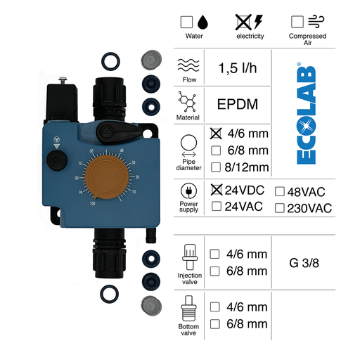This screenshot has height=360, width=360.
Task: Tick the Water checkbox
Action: pyautogui.click(x=187, y=22)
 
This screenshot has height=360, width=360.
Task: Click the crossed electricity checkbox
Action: pyautogui.click(x=241, y=22)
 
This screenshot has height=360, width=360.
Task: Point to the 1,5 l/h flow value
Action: pyautogui.click(x=237, y=68)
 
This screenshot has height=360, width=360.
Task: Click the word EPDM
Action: pyautogui.click(x=237, y=105)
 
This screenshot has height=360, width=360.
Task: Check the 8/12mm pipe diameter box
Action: pyautogui.click(x=217, y=167)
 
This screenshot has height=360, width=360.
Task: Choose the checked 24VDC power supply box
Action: pyautogui.click(x=217, y=190)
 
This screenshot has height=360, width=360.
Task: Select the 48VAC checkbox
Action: pyautogui.click(x=280, y=191)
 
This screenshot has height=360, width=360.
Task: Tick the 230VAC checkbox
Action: pyautogui.click(x=280, y=207)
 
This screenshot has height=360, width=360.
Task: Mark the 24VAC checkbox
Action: pyautogui.click(x=217, y=206)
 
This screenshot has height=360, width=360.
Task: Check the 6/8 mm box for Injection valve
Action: pyautogui.click(x=217, y=271)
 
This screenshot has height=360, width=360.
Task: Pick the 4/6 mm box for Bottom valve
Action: pyautogui.click(x=217, y=307)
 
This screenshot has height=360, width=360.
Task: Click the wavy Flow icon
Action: pyautogui.click(x=188, y=65)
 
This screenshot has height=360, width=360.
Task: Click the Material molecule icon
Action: pyautogui.click(x=188, y=104)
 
